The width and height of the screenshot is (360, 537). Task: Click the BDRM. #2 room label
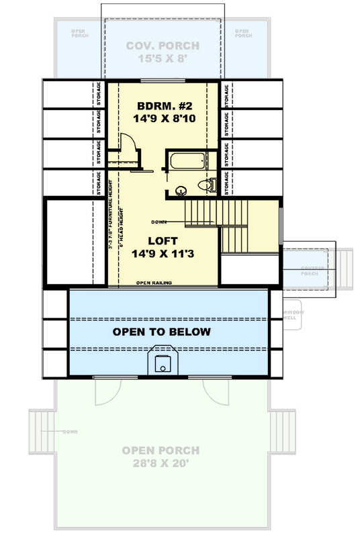coord(164,106)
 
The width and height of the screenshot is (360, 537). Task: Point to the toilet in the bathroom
coord(208,185)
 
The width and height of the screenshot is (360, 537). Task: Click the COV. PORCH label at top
coord(163,46)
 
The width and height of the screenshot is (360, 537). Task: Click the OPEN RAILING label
coord(153,283)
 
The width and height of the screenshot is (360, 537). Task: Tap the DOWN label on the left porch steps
coord(71,431)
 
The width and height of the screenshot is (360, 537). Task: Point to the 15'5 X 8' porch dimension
coord(163,60)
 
